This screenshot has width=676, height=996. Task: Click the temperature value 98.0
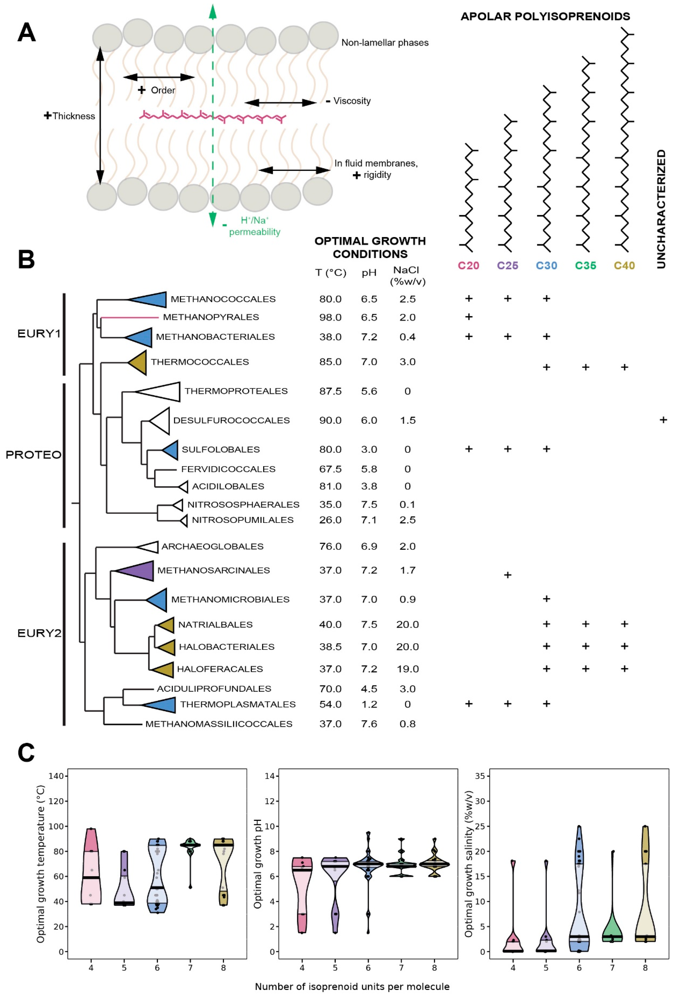pos(330,318)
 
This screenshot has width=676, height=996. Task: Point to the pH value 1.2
pos(369,704)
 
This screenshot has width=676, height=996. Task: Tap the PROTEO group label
pos(33,455)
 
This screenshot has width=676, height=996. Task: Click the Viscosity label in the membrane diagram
pos(352,101)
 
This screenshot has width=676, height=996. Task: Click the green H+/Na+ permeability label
pos(254,226)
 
